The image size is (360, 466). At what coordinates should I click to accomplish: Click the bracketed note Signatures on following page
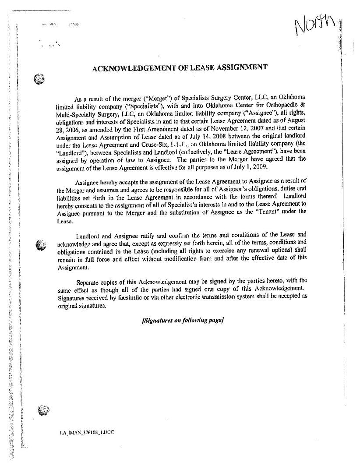pyautogui.click(x=183, y=320)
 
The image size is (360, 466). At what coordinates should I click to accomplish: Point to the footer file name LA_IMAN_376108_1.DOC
pyautogui.click(x=87, y=432)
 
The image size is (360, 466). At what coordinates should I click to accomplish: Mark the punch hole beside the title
pyautogui.click(x=40, y=79)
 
